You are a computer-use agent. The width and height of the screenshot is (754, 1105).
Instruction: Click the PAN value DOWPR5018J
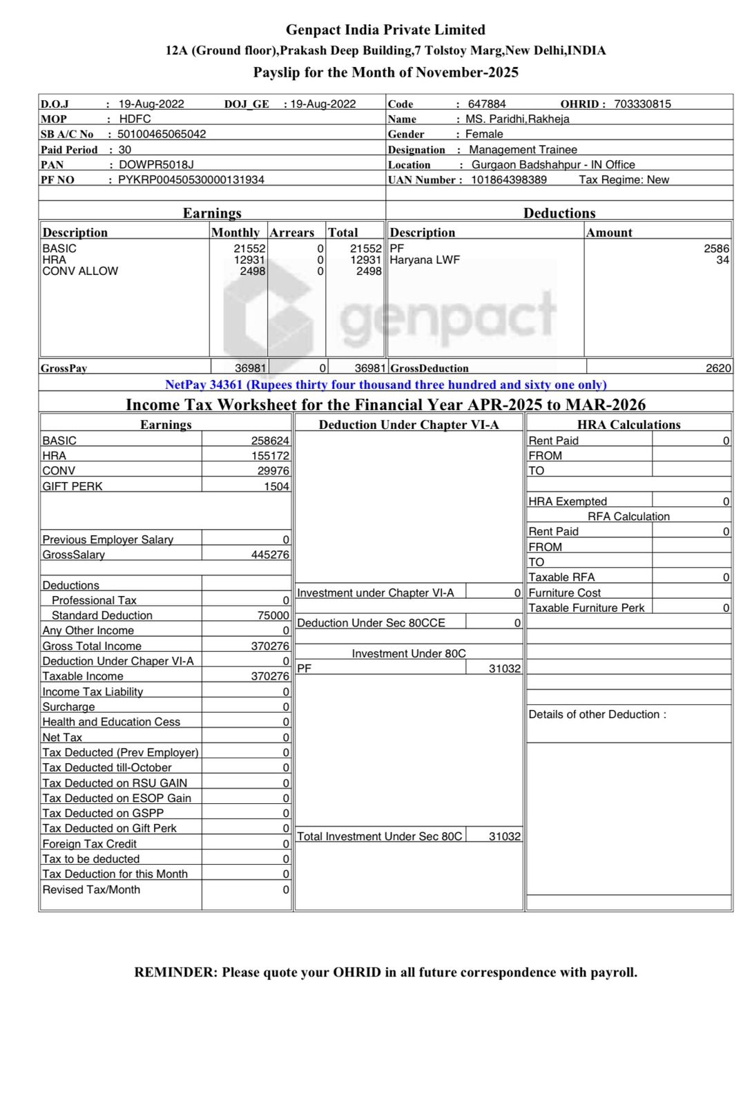tap(156, 164)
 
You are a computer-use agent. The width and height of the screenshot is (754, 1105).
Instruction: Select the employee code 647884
tap(487, 104)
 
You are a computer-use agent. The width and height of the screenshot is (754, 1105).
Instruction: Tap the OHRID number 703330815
tap(642, 104)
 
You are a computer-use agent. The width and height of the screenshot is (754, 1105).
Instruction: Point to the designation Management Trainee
tap(523, 149)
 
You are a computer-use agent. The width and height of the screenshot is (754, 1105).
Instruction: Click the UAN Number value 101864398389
tap(509, 180)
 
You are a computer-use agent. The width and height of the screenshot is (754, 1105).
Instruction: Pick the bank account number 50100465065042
tap(162, 134)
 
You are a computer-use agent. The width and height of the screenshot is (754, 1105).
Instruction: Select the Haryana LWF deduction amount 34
tap(722, 260)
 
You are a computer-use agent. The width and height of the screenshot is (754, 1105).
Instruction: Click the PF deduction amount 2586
tap(716, 248)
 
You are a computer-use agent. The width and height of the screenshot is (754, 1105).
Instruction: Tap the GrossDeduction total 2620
tap(718, 368)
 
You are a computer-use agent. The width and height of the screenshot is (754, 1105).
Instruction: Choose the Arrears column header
tap(291, 233)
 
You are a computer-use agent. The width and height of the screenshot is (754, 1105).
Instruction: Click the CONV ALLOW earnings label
tap(80, 271)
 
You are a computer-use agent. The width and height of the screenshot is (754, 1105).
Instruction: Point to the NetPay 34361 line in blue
tap(385, 385)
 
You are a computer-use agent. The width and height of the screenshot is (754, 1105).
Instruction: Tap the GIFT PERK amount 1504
tap(276, 486)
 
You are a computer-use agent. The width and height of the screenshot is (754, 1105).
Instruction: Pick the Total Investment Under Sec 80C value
tap(505, 836)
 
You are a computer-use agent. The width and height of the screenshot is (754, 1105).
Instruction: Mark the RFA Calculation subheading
tap(628, 517)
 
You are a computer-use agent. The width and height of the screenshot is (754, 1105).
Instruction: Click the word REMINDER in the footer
tap(175, 972)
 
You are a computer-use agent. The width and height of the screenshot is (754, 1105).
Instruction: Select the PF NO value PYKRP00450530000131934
tap(191, 180)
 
